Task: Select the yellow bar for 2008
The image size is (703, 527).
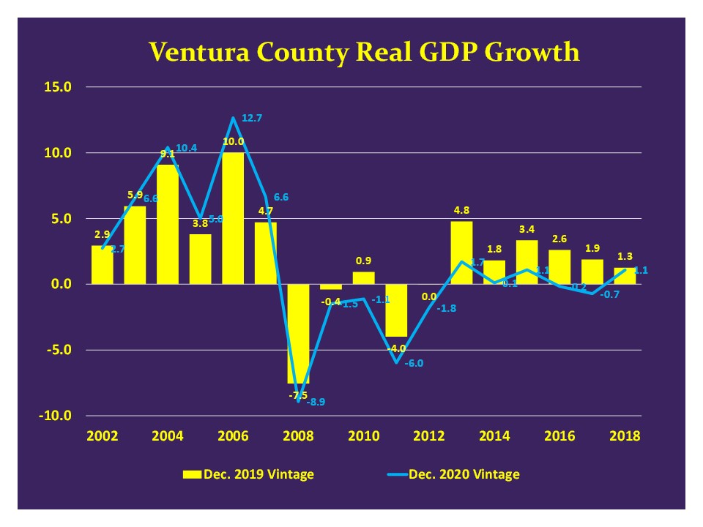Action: (298, 333)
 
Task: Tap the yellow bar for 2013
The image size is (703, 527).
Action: (462, 253)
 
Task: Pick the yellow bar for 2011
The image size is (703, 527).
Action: (396, 310)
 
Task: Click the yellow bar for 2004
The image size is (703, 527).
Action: (168, 224)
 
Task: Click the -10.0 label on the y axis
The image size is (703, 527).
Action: (56, 416)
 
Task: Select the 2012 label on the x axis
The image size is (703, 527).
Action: (429, 436)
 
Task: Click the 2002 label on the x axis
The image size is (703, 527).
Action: (103, 436)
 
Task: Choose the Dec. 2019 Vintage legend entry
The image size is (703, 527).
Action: (248, 474)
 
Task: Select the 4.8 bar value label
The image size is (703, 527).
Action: (462, 209)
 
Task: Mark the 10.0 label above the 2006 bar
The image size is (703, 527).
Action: (233, 141)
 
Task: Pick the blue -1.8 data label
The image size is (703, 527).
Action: (447, 308)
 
